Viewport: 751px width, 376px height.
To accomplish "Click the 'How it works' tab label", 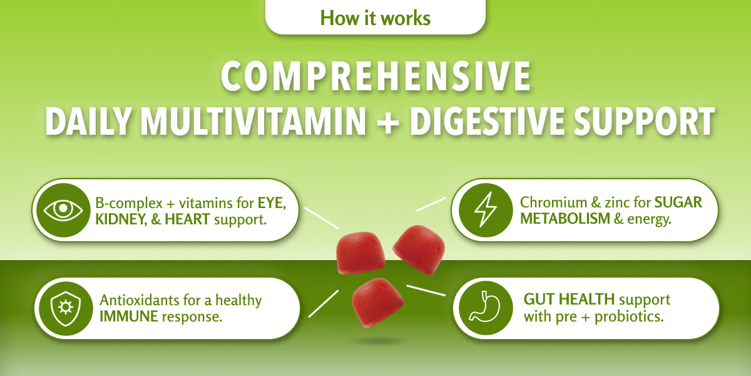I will (x=375, y=18).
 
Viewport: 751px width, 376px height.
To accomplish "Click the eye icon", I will (x=63, y=211).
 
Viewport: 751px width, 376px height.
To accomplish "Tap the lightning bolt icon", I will (x=484, y=211).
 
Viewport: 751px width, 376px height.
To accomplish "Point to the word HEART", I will (x=186, y=219).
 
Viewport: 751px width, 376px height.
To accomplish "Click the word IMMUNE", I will (x=128, y=316).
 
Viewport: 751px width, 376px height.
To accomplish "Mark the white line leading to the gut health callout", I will (x=426, y=291).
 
